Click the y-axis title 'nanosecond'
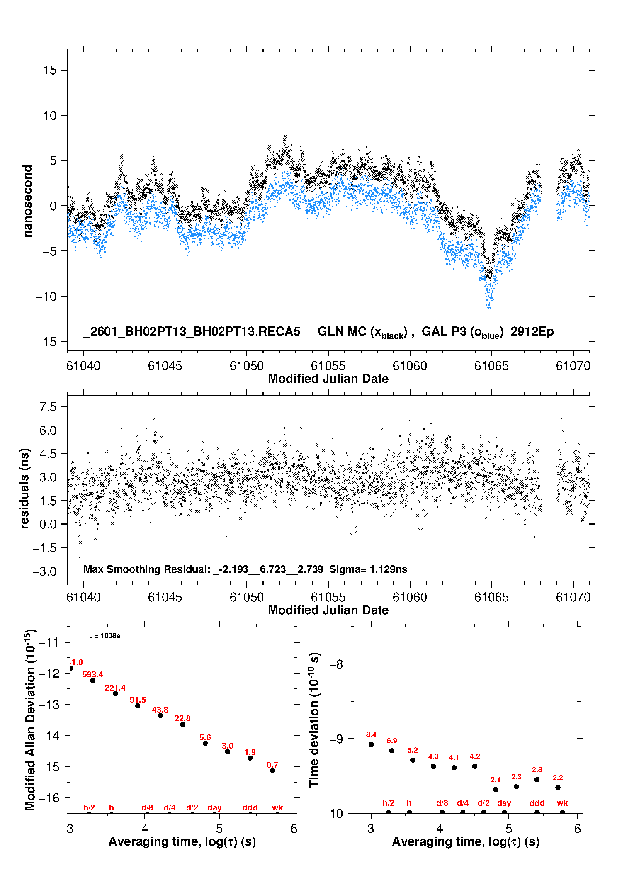click(27, 201)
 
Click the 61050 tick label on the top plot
click(247, 366)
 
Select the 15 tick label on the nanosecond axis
click(50, 70)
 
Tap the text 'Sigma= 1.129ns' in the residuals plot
click(368, 569)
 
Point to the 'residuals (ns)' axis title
click(25, 488)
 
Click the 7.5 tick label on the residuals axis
click(48, 407)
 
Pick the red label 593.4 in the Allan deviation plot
click(92, 675)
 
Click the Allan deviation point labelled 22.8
click(182, 724)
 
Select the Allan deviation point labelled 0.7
click(272, 771)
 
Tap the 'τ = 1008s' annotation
click(104, 636)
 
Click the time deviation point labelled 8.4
click(371, 744)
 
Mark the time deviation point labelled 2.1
click(496, 790)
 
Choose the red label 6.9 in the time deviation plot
click(392, 741)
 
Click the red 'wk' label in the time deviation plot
click(562, 803)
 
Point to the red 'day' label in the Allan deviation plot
click(214, 807)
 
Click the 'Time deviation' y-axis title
click(314, 720)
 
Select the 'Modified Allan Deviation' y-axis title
click(30, 720)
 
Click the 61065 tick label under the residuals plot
click(491, 597)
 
